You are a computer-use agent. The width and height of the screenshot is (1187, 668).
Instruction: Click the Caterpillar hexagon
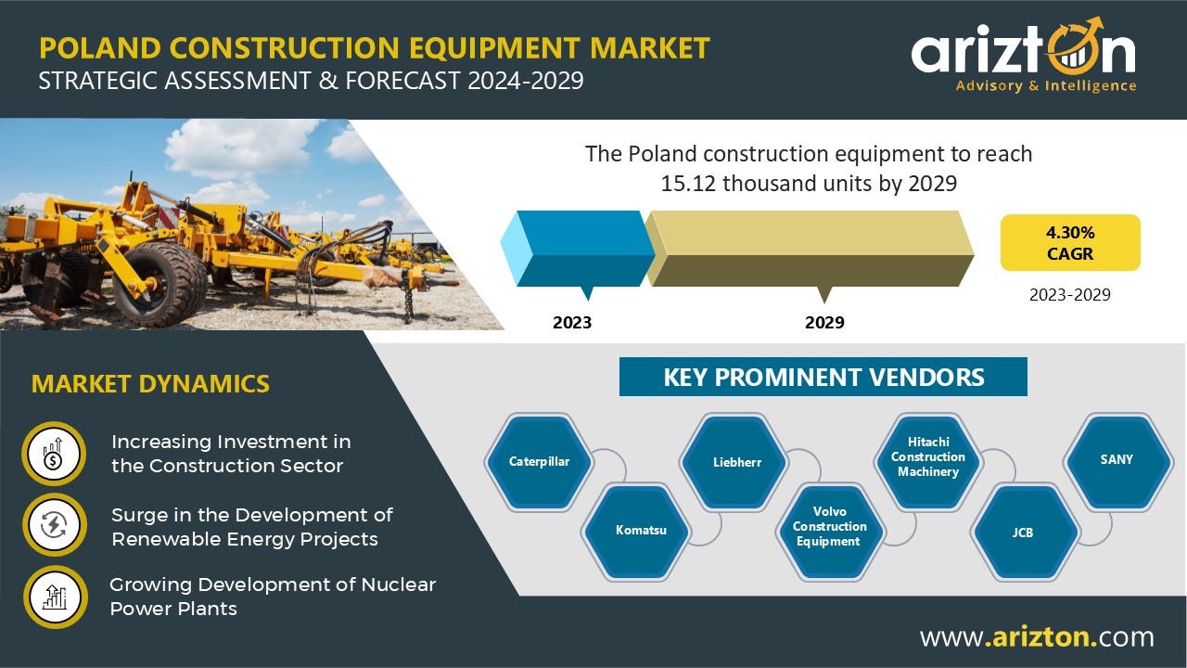point(539,462)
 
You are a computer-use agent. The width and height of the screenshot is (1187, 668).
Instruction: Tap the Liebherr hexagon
point(734,462)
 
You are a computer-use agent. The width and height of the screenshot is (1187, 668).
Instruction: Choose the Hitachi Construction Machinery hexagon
point(928,462)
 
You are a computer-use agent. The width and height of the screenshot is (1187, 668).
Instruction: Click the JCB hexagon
point(1025,532)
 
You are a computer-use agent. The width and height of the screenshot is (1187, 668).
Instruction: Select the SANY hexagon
point(1118,462)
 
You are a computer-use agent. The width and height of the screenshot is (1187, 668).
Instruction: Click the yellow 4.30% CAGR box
point(1070,242)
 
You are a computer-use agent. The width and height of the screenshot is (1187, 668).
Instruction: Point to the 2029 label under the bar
point(824,322)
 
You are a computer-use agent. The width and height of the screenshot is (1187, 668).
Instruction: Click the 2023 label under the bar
point(572,322)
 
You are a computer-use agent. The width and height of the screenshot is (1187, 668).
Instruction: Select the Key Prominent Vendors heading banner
point(823,377)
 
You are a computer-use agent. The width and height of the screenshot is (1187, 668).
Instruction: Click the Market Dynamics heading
point(150,384)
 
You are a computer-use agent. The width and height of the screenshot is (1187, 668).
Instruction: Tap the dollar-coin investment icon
point(54,454)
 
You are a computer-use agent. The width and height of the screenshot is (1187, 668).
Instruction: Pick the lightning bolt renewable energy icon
point(54,525)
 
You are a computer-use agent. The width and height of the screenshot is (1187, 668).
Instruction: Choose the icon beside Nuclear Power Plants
point(55,597)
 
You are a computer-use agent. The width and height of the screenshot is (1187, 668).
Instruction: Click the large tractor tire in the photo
point(160,284)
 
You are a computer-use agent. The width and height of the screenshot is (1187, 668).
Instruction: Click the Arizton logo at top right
point(1024,56)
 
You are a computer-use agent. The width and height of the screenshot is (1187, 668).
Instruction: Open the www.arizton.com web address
point(1037,636)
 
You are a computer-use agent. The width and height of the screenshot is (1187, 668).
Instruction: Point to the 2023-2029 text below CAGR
point(1070,295)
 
